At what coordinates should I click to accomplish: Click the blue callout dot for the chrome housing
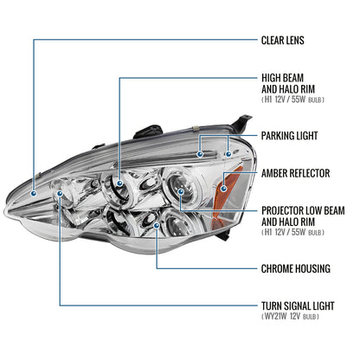156,226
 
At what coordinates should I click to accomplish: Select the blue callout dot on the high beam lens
119,182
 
